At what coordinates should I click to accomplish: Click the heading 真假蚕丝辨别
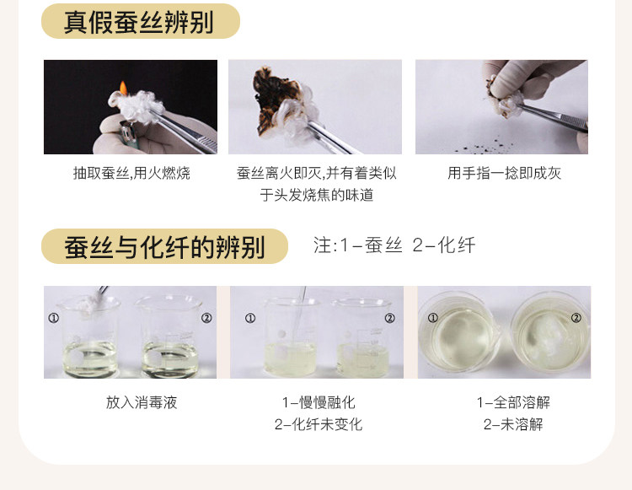[x=138, y=22]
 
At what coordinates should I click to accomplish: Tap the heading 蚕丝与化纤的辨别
[x=164, y=246]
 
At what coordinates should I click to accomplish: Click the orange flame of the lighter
[x=123, y=89]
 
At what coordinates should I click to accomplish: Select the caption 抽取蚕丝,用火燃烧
[x=131, y=174]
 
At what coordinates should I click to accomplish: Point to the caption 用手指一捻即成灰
[x=504, y=174]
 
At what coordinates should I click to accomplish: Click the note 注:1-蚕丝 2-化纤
[x=394, y=245]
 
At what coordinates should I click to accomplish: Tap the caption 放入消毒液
[x=142, y=402]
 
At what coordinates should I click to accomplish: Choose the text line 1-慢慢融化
[x=319, y=402]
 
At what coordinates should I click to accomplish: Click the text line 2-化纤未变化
[x=319, y=424]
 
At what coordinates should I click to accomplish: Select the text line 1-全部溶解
[x=513, y=402]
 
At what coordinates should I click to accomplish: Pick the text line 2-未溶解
[x=513, y=424]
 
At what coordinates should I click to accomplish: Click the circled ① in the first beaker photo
[x=54, y=318]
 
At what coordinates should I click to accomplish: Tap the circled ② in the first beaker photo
[x=206, y=318]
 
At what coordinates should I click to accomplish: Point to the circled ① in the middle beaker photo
[x=250, y=318]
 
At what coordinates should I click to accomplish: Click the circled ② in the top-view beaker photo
[x=576, y=318]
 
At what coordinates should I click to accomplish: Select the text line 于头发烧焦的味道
[x=317, y=195]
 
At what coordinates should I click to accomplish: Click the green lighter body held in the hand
[x=129, y=135]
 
